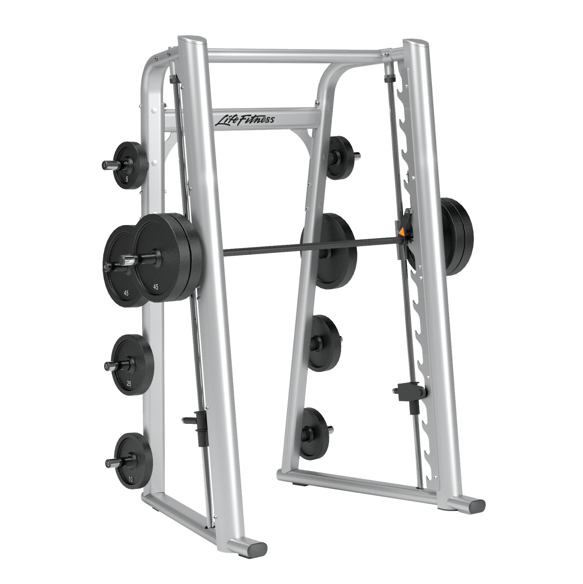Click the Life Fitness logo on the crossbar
(x=244, y=119)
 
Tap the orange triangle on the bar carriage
(x=401, y=232)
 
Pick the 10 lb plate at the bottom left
(x=134, y=461)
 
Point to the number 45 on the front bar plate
(x=156, y=287)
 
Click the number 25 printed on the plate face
(x=129, y=384)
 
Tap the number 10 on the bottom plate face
(x=130, y=479)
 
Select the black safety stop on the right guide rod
(x=411, y=392)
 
